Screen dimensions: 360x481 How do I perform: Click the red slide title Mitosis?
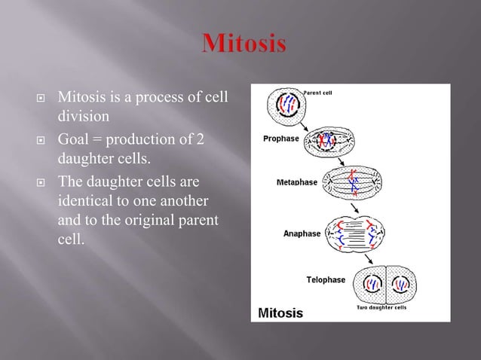[x=243, y=44]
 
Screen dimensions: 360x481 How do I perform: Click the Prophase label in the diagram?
[x=280, y=139]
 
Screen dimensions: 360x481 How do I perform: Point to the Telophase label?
[x=326, y=279]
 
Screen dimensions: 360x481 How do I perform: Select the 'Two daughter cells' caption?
[x=381, y=307]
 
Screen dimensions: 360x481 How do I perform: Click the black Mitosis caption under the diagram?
[x=281, y=312]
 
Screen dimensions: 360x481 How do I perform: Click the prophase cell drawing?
[x=329, y=141]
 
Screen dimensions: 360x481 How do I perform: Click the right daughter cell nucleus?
[x=403, y=285]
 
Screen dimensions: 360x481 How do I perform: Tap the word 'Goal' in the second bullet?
[x=75, y=140]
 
